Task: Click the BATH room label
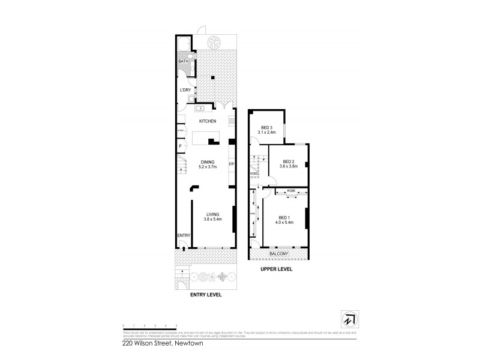click(183, 62)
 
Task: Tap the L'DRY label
click(185, 90)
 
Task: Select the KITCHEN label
click(208, 121)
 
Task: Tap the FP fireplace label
click(231, 164)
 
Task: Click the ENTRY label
click(183, 235)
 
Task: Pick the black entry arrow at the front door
click(183, 242)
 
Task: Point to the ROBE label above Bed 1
click(292, 190)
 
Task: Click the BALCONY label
click(278, 254)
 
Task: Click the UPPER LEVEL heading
click(277, 269)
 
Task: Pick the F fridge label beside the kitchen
click(180, 146)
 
